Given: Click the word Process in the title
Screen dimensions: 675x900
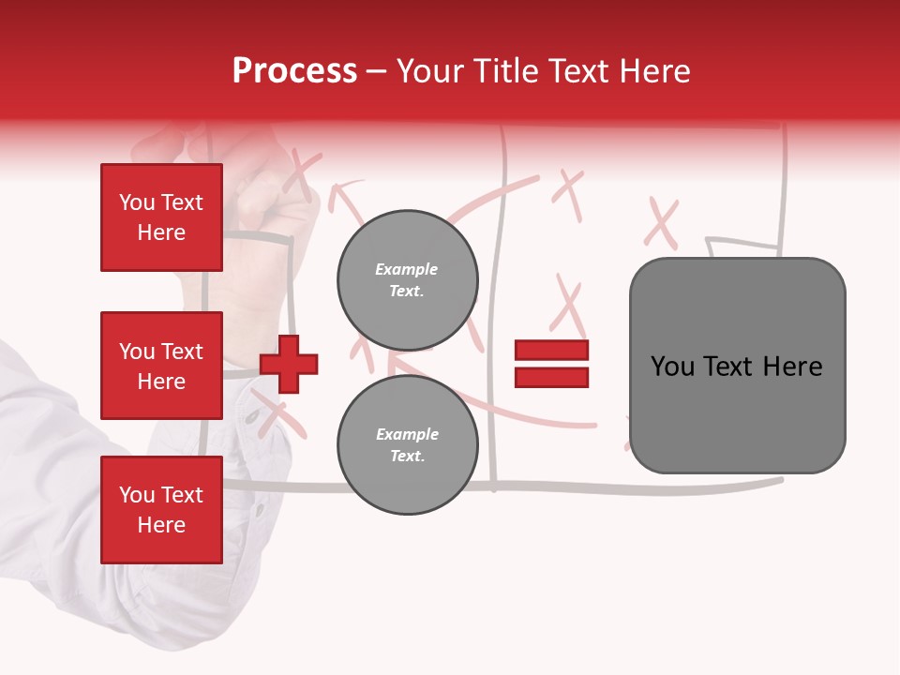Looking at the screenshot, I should pyautogui.click(x=294, y=71).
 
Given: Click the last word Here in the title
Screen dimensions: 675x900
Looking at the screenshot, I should pyautogui.click(x=655, y=71).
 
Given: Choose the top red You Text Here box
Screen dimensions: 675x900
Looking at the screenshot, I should pyautogui.click(x=161, y=217).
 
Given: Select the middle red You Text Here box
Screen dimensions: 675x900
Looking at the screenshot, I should pyautogui.click(x=161, y=366).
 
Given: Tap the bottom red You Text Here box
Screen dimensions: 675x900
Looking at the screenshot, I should pyautogui.click(x=161, y=510).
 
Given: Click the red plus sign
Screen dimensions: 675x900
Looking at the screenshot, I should pyautogui.click(x=289, y=363).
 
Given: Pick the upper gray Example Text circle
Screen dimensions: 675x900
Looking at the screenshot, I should pyautogui.click(x=408, y=279).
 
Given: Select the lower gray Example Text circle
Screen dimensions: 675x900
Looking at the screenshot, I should pyautogui.click(x=408, y=445).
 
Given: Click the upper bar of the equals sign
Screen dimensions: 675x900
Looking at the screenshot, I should pyautogui.click(x=551, y=351).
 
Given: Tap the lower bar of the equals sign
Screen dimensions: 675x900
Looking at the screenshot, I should pyautogui.click(x=551, y=377).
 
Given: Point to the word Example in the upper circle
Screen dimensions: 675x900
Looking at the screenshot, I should pyautogui.click(x=406, y=269).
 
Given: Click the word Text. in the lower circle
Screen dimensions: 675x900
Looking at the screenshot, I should pyautogui.click(x=407, y=457).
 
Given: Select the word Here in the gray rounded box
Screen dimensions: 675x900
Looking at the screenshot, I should pyautogui.click(x=792, y=367).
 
